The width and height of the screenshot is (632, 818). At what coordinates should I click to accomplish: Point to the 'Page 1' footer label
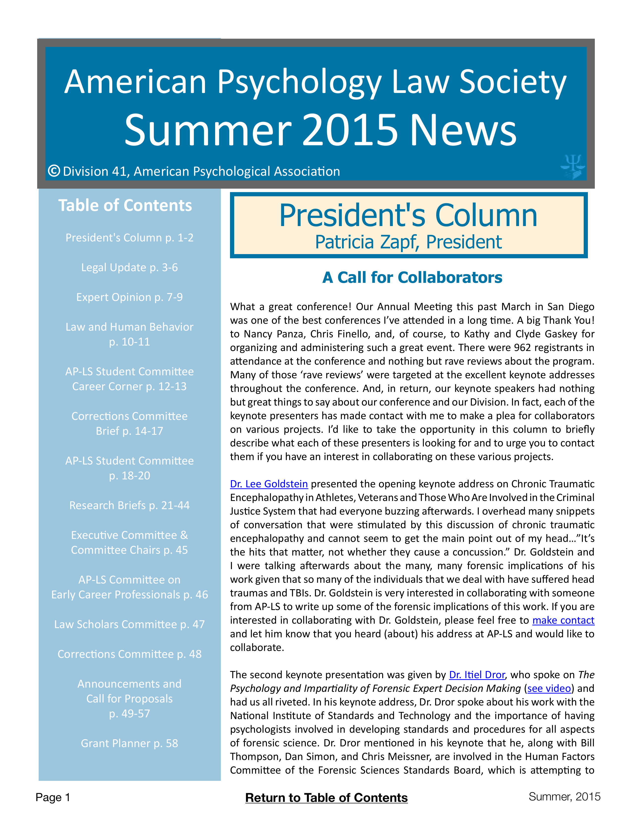53,797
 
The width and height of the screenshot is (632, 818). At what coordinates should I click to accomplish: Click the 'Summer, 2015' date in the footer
564,797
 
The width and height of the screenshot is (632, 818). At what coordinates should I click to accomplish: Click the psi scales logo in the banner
573,167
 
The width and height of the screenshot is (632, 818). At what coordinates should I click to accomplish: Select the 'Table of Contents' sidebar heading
125,206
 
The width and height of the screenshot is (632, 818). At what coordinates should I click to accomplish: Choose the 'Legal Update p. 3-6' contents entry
130,267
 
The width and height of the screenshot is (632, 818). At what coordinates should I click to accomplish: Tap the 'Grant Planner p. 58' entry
130,743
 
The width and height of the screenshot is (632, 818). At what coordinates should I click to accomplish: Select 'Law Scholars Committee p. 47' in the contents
130,624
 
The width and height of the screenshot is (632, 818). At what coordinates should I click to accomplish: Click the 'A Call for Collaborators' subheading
412,278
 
